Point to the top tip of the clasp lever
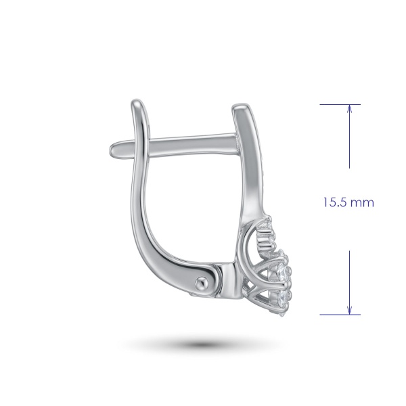point(137,101)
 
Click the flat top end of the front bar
point(240,106)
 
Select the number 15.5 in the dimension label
point(334,202)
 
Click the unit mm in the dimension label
point(362,203)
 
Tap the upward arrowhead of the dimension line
point(350,109)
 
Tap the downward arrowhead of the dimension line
point(350,310)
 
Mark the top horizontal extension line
point(340,105)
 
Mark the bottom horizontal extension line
point(340,315)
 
